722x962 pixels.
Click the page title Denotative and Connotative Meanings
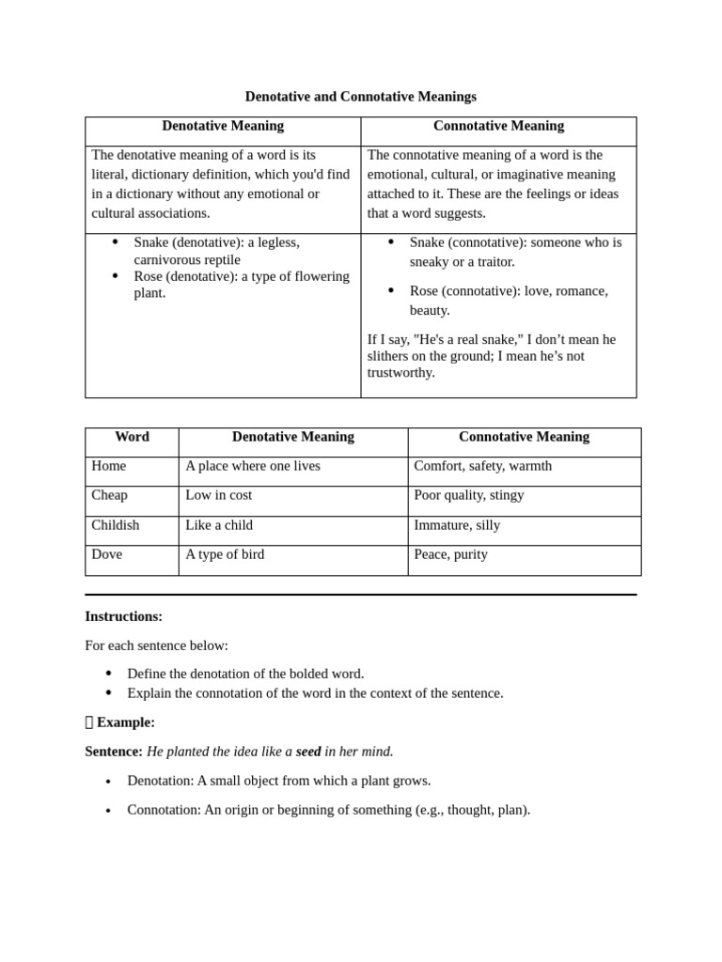tap(360, 97)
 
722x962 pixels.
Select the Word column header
tap(132, 437)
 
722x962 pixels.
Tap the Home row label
tap(108, 466)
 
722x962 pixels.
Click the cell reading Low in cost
tap(218, 495)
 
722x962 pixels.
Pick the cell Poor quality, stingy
tap(468, 495)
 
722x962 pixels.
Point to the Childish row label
tap(115, 525)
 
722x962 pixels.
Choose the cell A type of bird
tap(225, 554)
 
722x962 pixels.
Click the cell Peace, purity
tap(450, 554)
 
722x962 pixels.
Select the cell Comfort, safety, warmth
tap(482, 466)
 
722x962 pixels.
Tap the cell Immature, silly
tap(457, 525)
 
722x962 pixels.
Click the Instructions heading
tap(123, 616)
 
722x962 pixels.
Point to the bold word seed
tap(308, 752)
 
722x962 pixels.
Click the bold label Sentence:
tap(114, 752)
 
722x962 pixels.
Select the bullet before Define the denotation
tap(108, 674)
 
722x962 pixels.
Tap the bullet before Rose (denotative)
tap(115, 276)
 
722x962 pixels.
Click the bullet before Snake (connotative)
tap(391, 242)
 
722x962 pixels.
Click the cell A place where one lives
tap(252, 466)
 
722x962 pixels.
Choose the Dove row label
tap(106, 554)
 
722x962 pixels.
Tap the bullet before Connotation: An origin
tap(108, 810)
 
